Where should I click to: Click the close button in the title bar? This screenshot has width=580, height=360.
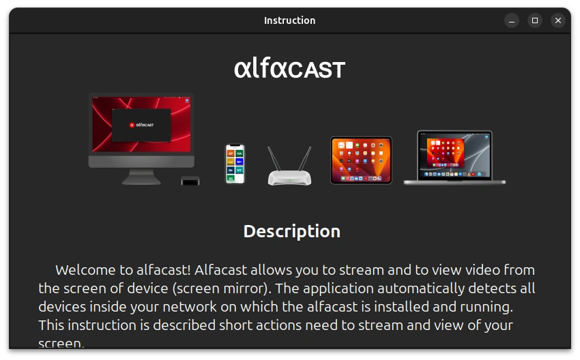tap(557, 20)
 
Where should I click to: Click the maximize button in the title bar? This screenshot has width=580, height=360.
tap(535, 20)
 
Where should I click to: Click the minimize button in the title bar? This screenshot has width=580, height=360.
tap(512, 20)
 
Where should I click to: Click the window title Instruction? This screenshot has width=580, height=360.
tap(289, 20)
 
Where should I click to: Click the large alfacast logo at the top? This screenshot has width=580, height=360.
tap(289, 69)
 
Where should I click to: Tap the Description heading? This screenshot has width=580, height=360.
tap(291, 231)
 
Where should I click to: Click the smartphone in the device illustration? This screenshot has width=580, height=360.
tap(235, 164)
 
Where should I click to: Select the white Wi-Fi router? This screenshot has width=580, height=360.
tap(289, 176)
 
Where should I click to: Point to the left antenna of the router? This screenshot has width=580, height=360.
tap(274, 158)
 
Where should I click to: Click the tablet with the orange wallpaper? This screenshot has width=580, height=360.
tap(361, 160)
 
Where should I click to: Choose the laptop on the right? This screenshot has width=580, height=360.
tap(454, 158)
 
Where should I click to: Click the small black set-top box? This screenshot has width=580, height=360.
tap(190, 181)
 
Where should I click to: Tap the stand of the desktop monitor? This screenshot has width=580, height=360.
tap(141, 177)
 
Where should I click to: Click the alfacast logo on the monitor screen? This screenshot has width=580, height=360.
tap(141, 125)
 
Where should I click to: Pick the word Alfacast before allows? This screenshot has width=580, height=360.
tap(200, 270)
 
